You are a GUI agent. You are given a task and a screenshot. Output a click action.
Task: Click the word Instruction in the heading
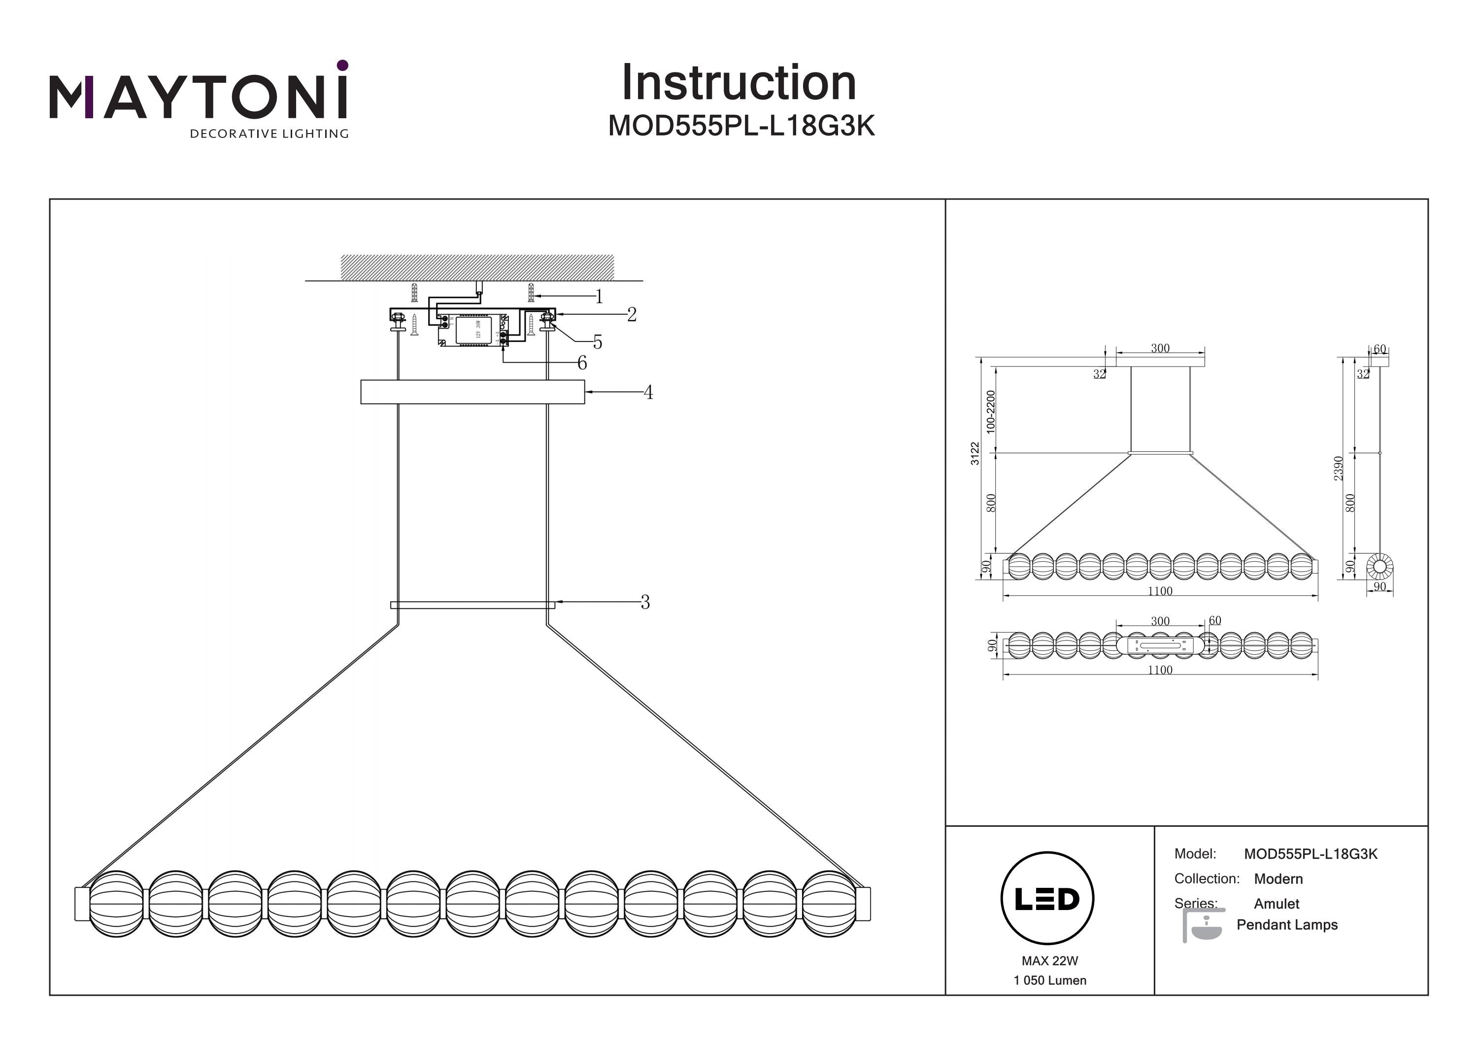(739, 83)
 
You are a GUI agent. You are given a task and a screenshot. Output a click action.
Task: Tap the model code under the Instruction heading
(741, 126)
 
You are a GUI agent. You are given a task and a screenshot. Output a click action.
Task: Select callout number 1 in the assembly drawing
(599, 297)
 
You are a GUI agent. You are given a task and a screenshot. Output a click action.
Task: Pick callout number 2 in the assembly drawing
(632, 314)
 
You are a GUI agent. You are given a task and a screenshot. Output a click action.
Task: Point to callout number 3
(645, 602)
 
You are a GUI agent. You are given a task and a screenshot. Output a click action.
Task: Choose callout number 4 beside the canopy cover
(648, 392)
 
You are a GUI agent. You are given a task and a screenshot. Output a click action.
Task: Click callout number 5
(598, 342)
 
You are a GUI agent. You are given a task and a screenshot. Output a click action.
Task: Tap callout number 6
(582, 363)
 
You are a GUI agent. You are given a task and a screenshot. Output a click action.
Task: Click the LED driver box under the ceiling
(473, 330)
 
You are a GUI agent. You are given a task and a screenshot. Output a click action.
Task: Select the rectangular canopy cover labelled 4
(472, 392)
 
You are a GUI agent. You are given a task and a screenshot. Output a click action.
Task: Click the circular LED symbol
(1047, 899)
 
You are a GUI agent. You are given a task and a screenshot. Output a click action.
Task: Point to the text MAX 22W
(1049, 961)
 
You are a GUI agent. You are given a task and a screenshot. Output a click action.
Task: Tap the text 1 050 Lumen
(1050, 980)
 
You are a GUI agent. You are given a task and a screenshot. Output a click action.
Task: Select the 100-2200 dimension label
(991, 411)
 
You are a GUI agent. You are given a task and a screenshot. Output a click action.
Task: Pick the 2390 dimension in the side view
(1338, 468)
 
